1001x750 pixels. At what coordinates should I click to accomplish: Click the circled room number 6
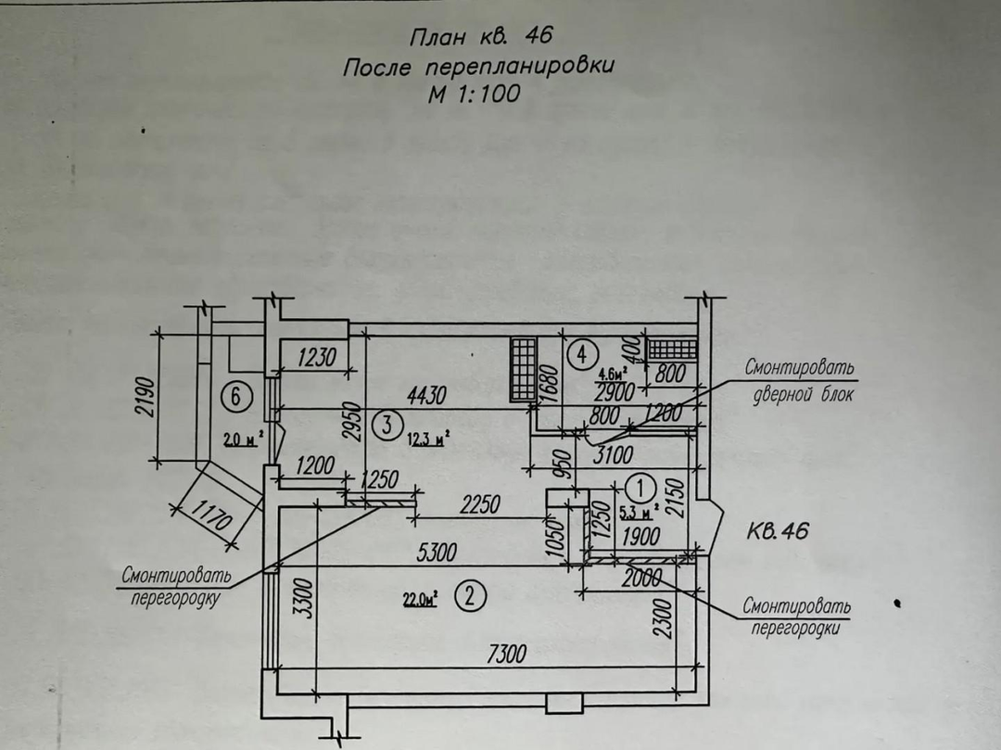pyautogui.click(x=237, y=397)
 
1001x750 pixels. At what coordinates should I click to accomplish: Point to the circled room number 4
pyautogui.click(x=581, y=353)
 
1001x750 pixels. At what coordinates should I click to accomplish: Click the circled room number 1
pyautogui.click(x=641, y=484)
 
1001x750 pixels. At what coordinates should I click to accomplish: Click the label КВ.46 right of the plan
pyautogui.click(x=778, y=531)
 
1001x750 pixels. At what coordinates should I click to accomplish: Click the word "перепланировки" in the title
pyautogui.click(x=520, y=68)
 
